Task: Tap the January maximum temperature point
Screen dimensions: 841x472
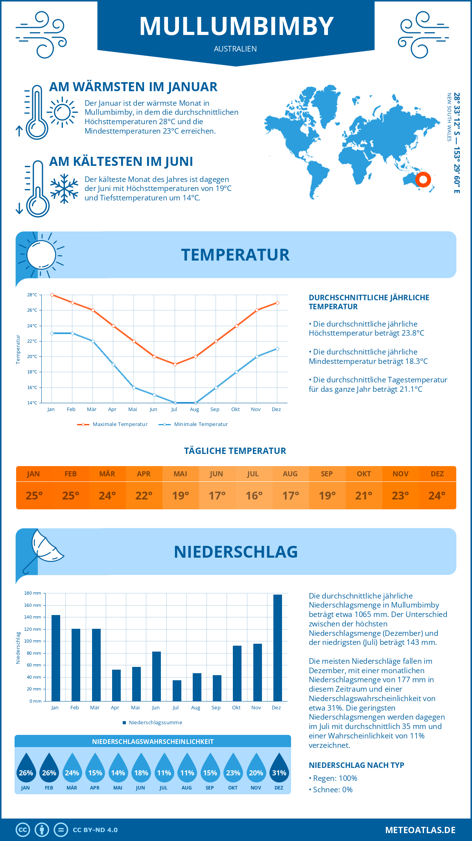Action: pyautogui.click(x=52, y=295)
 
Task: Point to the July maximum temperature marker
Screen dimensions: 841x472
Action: pyautogui.click(x=175, y=364)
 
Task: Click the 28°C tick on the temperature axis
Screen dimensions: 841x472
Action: pyautogui.click(x=32, y=295)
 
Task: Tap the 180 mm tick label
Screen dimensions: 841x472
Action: pyautogui.click(x=33, y=593)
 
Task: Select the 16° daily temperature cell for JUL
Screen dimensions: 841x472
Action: pyautogui.click(x=254, y=496)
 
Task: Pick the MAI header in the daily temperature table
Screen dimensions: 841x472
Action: pyautogui.click(x=181, y=474)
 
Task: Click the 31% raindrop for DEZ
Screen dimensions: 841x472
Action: pyautogui.click(x=279, y=769)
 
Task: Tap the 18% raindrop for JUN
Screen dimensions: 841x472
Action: pyautogui.click(x=141, y=769)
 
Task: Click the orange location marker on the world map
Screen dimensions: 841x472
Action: pyautogui.click(x=423, y=180)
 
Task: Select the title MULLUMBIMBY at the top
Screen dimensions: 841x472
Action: pyautogui.click(x=236, y=26)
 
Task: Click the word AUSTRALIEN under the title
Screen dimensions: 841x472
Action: pyautogui.click(x=235, y=49)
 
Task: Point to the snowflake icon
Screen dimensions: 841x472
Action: pyautogui.click(x=64, y=189)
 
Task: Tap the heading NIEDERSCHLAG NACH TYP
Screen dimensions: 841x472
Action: pyautogui.click(x=356, y=765)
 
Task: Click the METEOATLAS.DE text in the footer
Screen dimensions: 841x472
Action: pyautogui.click(x=420, y=830)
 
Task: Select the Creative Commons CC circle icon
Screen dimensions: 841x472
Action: pyautogui.click(x=23, y=830)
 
